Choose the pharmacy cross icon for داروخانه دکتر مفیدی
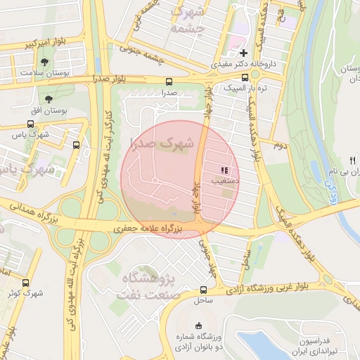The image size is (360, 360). (243, 53)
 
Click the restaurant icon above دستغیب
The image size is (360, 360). (224, 170)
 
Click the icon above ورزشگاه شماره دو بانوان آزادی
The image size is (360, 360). (198, 325)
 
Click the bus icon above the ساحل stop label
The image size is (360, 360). (203, 290)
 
